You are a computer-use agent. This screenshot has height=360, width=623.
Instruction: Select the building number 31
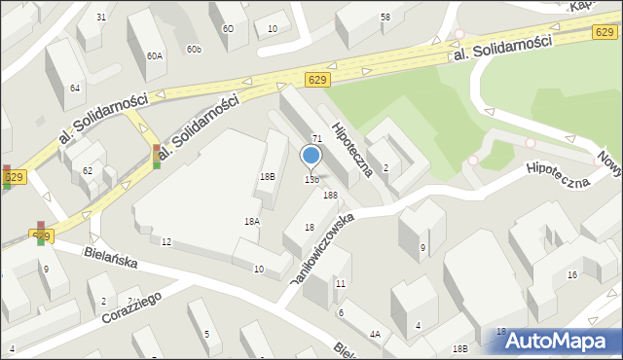point(101,18)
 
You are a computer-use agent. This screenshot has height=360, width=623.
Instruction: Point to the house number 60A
point(155,56)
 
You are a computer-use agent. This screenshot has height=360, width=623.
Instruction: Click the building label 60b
point(194,49)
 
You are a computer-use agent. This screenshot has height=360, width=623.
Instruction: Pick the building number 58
point(385,18)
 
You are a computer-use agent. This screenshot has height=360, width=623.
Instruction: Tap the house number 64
point(75,89)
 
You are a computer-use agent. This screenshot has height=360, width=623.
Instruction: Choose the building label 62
point(88,171)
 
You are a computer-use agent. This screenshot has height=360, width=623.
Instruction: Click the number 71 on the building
point(316,140)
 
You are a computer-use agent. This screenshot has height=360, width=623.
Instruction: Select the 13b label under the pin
point(311,180)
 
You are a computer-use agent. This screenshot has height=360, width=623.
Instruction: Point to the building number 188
point(331,196)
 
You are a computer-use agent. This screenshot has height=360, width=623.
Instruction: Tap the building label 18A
point(251,222)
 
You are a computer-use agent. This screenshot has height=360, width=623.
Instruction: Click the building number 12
point(166,241)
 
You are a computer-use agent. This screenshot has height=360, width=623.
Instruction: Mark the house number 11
point(340,283)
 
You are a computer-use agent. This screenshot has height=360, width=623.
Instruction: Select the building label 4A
point(374,334)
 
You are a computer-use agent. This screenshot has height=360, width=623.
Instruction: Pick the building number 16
point(572,275)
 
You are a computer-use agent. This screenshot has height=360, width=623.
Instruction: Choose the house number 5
point(206,335)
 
